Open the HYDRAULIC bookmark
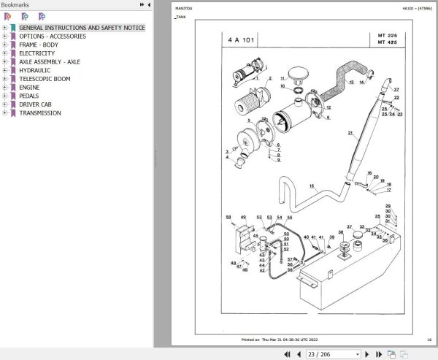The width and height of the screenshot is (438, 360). click(35, 70)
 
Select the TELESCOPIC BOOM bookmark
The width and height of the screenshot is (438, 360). click(49, 79)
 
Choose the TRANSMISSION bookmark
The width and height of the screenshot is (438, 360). click(40, 113)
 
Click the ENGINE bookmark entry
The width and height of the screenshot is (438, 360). click(29, 88)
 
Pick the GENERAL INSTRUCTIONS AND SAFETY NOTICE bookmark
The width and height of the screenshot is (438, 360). click(82, 28)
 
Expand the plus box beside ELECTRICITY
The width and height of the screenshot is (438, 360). click(4, 53)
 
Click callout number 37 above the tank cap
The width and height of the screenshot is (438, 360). click(349, 227)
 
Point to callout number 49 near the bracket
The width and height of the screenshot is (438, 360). click(243, 217)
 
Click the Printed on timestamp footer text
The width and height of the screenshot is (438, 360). click(279, 340)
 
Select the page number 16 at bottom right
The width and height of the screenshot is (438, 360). click(429, 340)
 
